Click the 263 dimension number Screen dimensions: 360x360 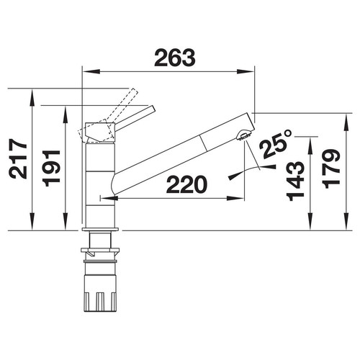(x=174, y=58)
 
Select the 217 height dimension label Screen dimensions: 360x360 (x=17, y=158)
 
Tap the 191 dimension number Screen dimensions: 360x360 (x=51, y=168)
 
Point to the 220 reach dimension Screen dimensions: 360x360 (x=186, y=184)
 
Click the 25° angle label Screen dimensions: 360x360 (x=276, y=144)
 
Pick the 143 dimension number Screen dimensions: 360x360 (x=295, y=181)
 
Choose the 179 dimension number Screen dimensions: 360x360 (x=331, y=168)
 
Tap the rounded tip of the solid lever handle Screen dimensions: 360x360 (x=153, y=109)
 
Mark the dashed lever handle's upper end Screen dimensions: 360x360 (x=134, y=91)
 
